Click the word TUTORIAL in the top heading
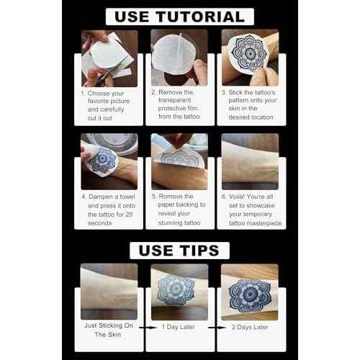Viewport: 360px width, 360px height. (x=200, y=17)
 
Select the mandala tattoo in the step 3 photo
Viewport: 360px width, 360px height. (x=249, y=53)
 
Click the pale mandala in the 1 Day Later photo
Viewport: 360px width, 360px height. (x=176, y=290)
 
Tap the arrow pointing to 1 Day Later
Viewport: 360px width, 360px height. (x=148, y=328)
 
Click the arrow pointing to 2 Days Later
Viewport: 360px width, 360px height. (x=217, y=328)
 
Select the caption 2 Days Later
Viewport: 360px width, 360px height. (x=250, y=327)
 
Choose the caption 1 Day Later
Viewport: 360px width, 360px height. (x=178, y=327)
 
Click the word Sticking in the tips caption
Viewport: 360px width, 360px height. (x=110, y=325)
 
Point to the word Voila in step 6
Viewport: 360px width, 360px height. (x=236, y=197)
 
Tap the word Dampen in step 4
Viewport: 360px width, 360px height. (x=101, y=197)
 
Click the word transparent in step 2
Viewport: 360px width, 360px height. (x=175, y=100)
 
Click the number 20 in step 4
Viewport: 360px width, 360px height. (x=129, y=215)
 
